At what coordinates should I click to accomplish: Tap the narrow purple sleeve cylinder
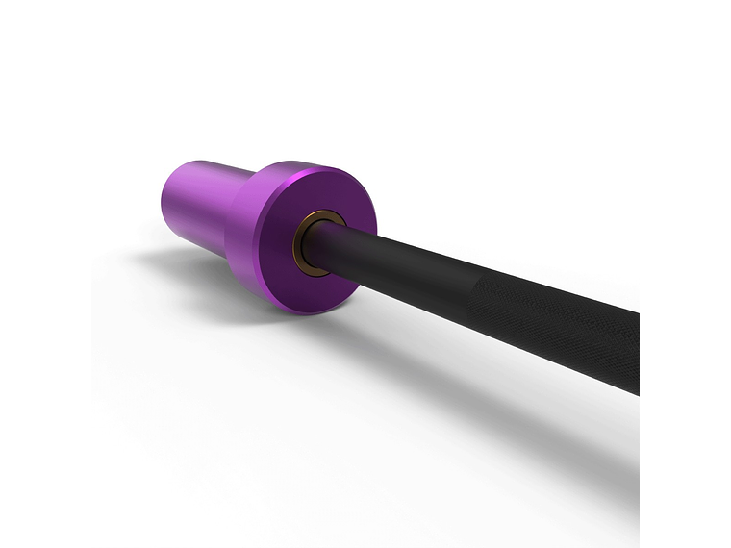click(197, 202)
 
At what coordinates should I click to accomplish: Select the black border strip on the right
click(685, 274)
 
